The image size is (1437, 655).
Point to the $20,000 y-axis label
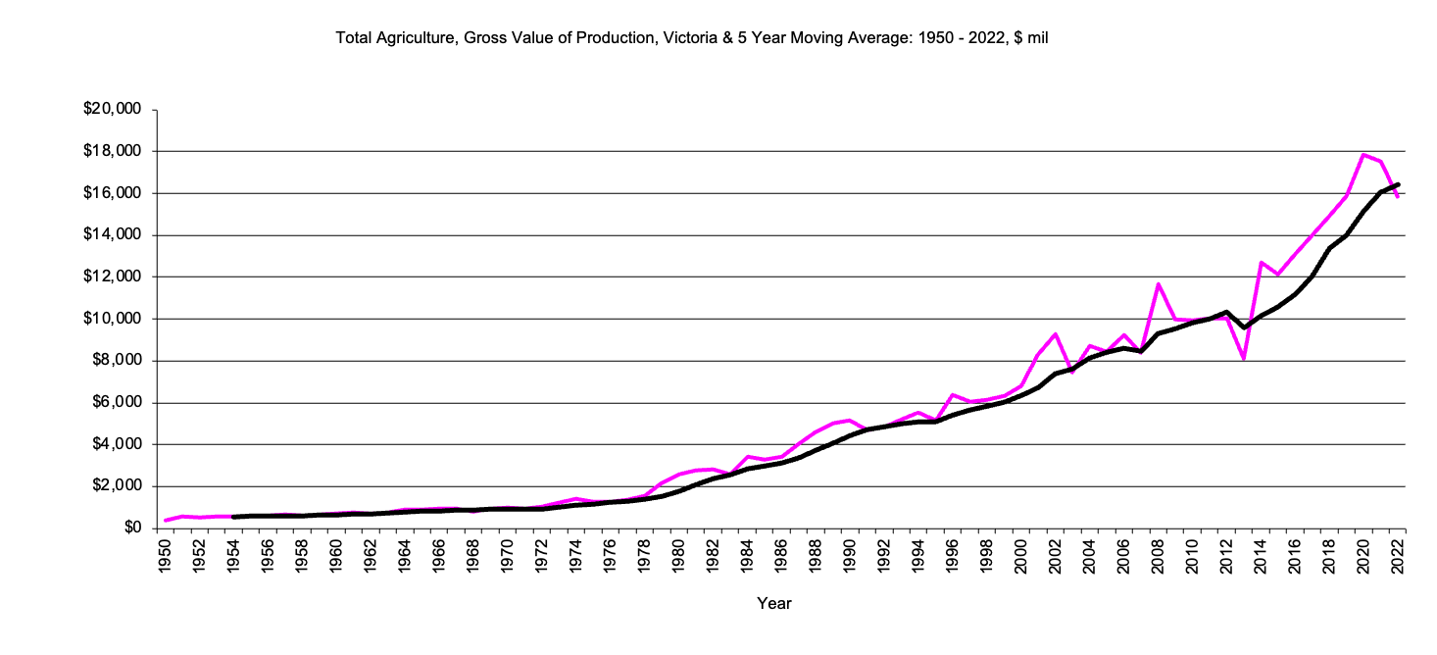point(114,109)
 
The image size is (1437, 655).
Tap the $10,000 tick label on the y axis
point(114,319)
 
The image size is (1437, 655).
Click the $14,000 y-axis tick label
point(114,235)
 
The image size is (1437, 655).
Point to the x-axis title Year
point(773,604)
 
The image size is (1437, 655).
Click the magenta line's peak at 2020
point(1363,154)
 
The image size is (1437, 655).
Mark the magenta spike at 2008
point(1158,284)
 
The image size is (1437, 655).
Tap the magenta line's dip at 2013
point(1244,359)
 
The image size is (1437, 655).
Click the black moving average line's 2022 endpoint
point(1398,184)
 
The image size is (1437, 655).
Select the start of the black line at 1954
point(233,517)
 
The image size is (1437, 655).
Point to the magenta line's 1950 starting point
point(165,521)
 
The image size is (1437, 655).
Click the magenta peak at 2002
point(1056,334)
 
